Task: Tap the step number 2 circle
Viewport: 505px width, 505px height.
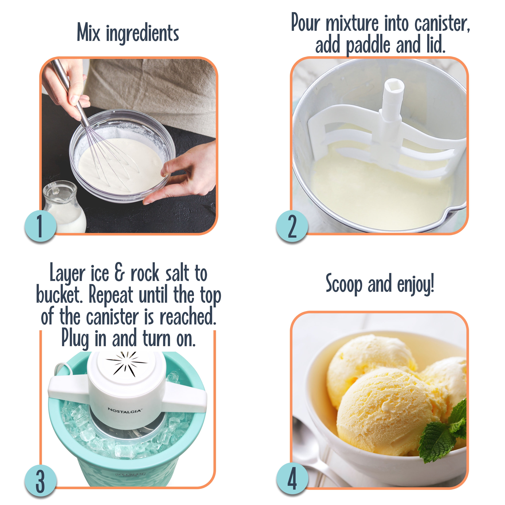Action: [292, 226]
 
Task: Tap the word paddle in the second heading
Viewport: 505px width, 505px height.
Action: [368, 45]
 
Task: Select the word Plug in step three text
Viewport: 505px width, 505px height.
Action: [75, 339]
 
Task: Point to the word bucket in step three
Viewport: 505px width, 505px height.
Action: [59, 295]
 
